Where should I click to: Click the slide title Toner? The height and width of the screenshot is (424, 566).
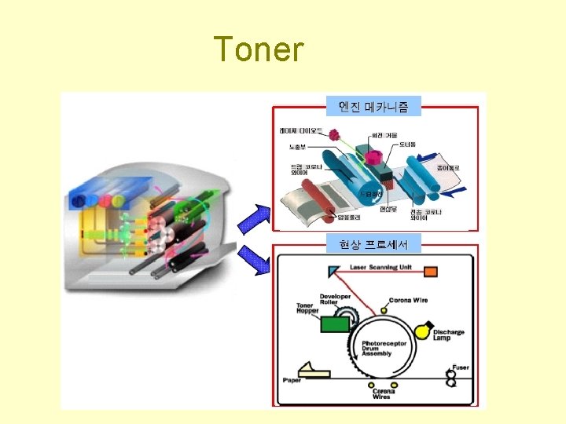point(259,49)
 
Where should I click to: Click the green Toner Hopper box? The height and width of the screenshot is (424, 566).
point(336,323)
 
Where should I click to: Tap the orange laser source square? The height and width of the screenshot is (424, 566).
point(430,272)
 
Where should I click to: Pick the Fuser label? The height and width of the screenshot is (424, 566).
point(461,367)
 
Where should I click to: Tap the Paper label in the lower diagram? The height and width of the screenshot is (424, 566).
point(291,380)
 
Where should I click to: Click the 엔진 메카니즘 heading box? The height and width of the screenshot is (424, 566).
point(374,105)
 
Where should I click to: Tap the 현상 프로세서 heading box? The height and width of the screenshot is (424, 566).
point(374,245)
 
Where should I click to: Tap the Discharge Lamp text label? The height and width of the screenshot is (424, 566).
point(448,335)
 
